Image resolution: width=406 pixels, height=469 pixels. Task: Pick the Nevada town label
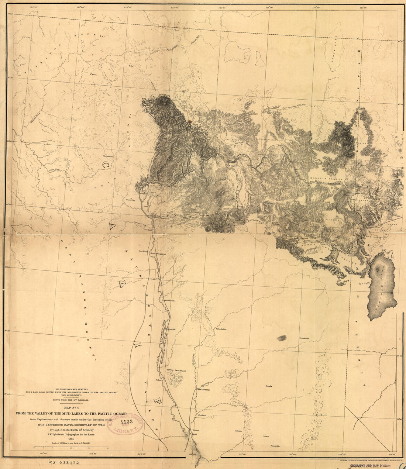(x=269, y=386)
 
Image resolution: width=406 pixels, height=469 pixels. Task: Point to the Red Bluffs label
(x=143, y=251)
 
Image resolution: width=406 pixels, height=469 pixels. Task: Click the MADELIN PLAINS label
(x=326, y=178)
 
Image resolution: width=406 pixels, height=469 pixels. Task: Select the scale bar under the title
(x=70, y=448)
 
